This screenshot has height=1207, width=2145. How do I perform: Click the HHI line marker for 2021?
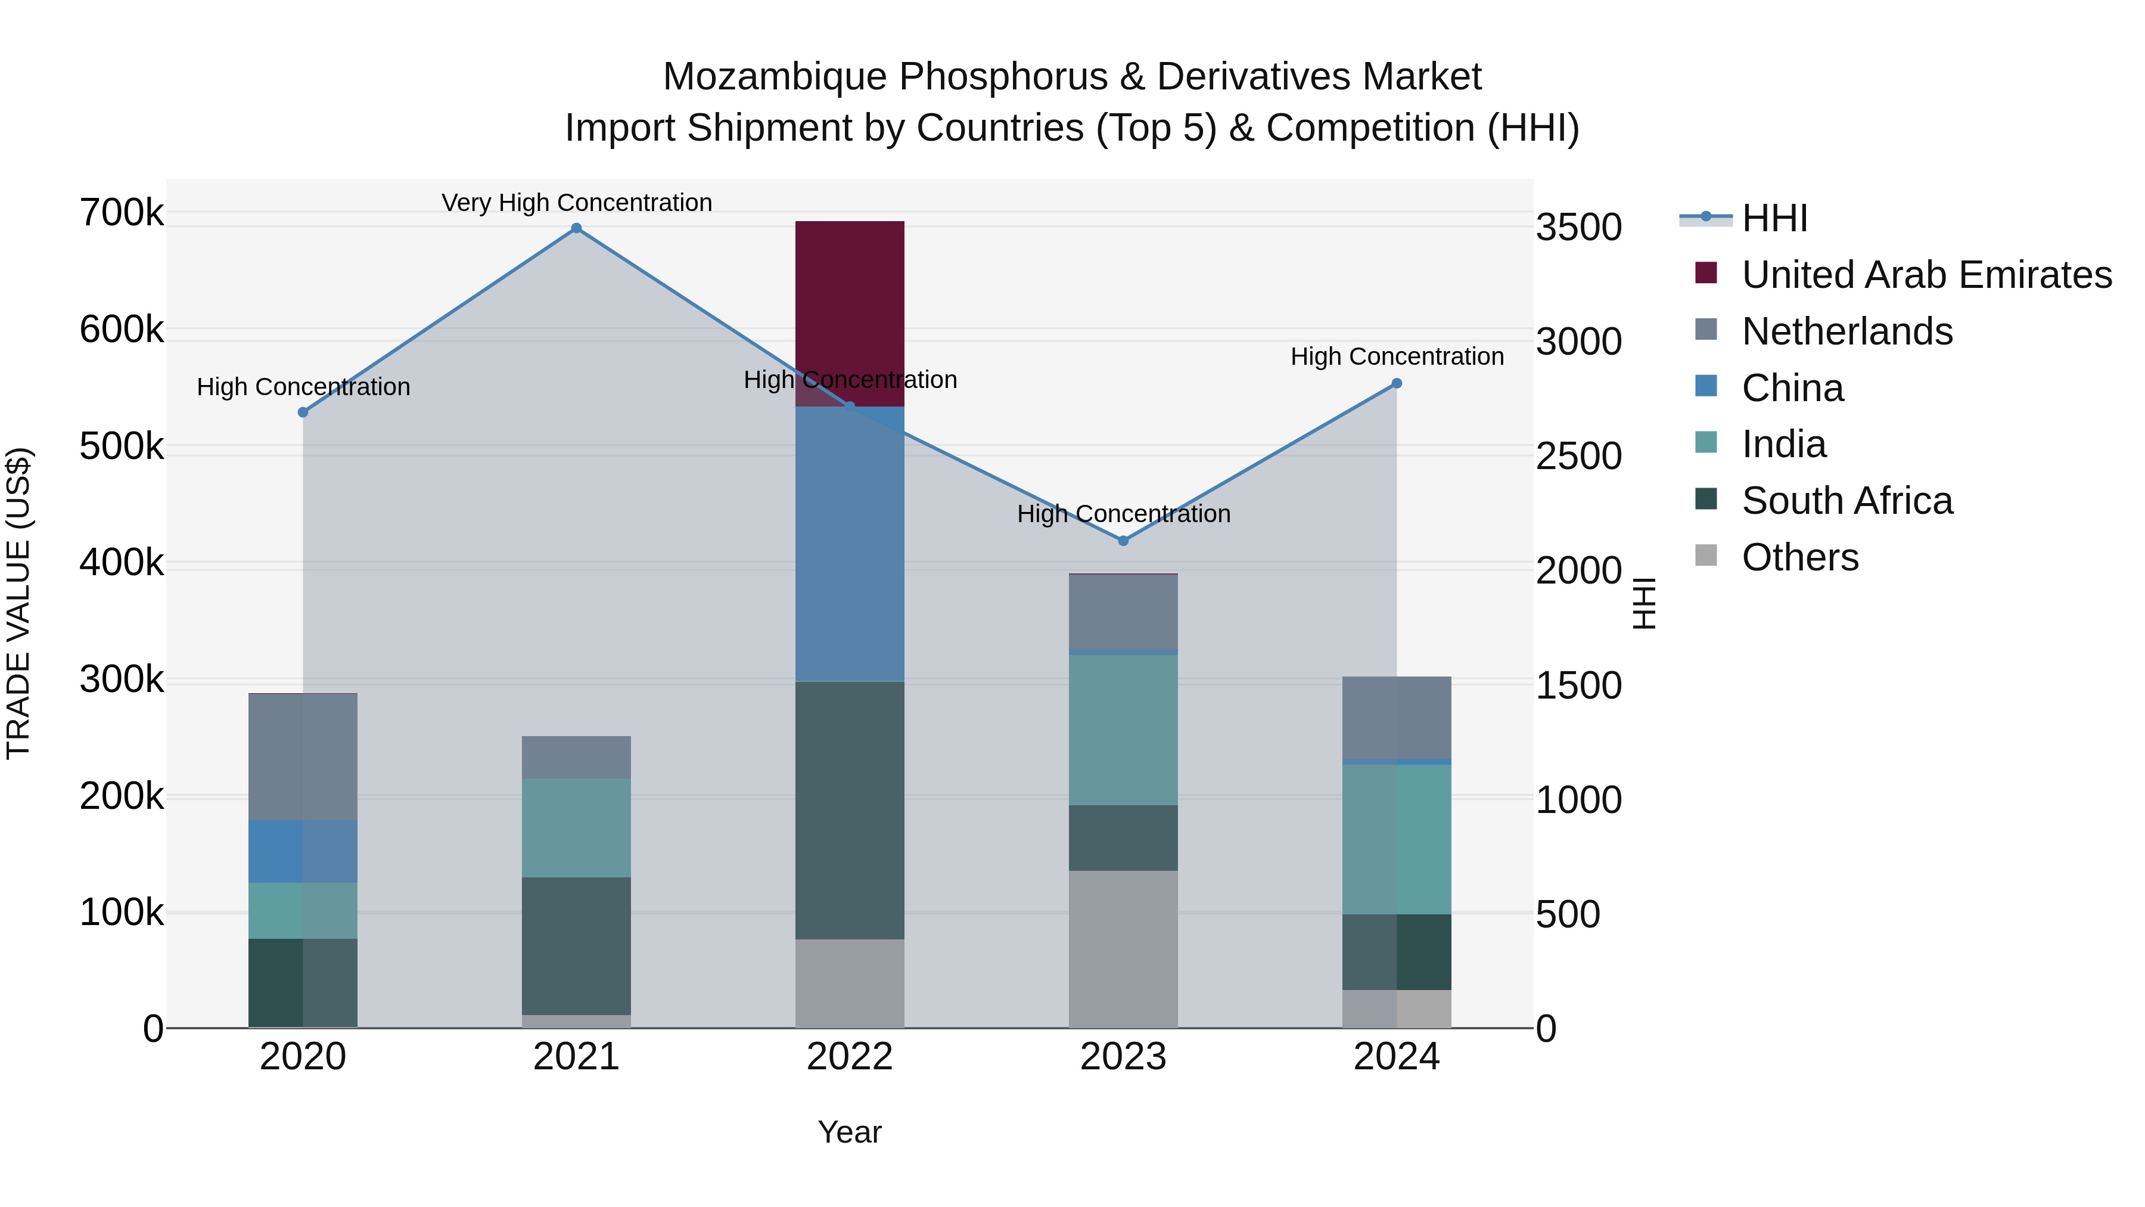click(x=576, y=228)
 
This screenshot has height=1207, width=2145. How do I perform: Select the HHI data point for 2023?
click(x=1123, y=541)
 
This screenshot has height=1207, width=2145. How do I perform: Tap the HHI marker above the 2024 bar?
click(x=1397, y=384)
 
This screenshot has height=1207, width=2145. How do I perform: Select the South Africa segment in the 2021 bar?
click(x=576, y=945)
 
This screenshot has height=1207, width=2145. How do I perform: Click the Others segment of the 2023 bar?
click(x=1123, y=950)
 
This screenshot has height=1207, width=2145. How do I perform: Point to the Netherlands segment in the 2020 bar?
click(x=303, y=756)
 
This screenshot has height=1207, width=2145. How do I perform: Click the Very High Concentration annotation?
click(x=576, y=203)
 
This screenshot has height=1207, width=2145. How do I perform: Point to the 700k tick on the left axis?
click(x=122, y=213)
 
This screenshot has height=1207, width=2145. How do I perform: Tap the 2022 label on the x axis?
click(x=849, y=1057)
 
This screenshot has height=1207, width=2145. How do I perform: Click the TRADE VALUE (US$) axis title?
click(x=18, y=603)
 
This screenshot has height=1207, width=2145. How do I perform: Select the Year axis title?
click(x=849, y=1132)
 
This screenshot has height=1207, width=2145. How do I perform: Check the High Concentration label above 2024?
click(x=1397, y=356)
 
